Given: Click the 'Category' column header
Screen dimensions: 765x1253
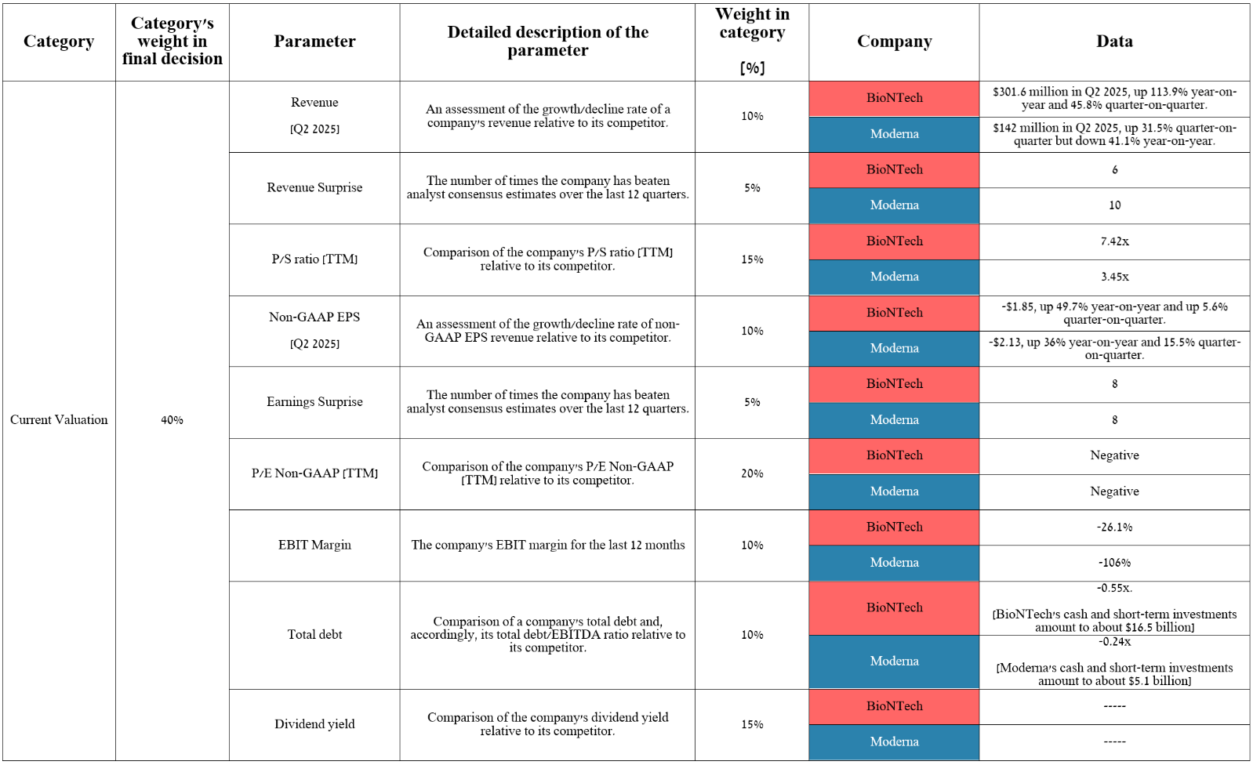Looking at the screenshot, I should click(59, 42).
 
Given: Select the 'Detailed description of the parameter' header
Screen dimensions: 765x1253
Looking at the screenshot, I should click(547, 42).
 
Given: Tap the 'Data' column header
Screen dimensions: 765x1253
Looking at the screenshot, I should click(1114, 42).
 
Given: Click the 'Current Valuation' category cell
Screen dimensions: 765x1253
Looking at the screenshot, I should click(59, 420).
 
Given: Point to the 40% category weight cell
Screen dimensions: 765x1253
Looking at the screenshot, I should click(172, 420).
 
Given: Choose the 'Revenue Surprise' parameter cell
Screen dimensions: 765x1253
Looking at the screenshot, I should click(314, 187).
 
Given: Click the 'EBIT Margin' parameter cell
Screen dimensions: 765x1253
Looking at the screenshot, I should click(314, 545).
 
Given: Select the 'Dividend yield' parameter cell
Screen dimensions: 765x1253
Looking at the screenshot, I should click(314, 724).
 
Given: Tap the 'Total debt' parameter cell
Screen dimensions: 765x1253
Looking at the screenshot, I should click(314, 635).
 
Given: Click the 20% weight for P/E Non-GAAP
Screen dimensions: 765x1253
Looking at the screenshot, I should click(752, 473).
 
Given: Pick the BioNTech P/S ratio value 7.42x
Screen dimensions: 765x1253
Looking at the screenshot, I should click(1114, 241).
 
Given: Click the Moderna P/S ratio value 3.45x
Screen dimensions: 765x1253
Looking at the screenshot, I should click(1114, 277).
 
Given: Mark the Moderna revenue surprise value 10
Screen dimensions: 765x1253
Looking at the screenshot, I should click(1114, 205).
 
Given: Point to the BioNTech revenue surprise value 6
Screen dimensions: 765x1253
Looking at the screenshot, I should click(1114, 170).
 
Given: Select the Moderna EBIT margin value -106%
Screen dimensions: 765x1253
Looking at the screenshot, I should click(1114, 563).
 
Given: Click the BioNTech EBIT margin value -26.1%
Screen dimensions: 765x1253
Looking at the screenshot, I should click(1114, 528).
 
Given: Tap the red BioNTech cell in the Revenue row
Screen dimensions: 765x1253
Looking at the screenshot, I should click(894, 98).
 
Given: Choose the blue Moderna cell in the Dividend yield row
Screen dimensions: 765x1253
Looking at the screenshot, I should click(894, 741).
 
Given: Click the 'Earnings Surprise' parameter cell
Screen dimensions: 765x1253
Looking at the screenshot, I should click(314, 402).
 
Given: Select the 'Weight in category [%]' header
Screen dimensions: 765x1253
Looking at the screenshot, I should click(752, 41).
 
